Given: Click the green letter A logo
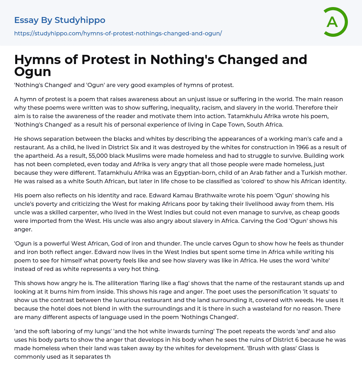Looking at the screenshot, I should [334, 22].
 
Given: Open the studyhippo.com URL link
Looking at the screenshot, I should [118, 33].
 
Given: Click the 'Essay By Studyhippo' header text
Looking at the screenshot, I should [60, 20].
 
